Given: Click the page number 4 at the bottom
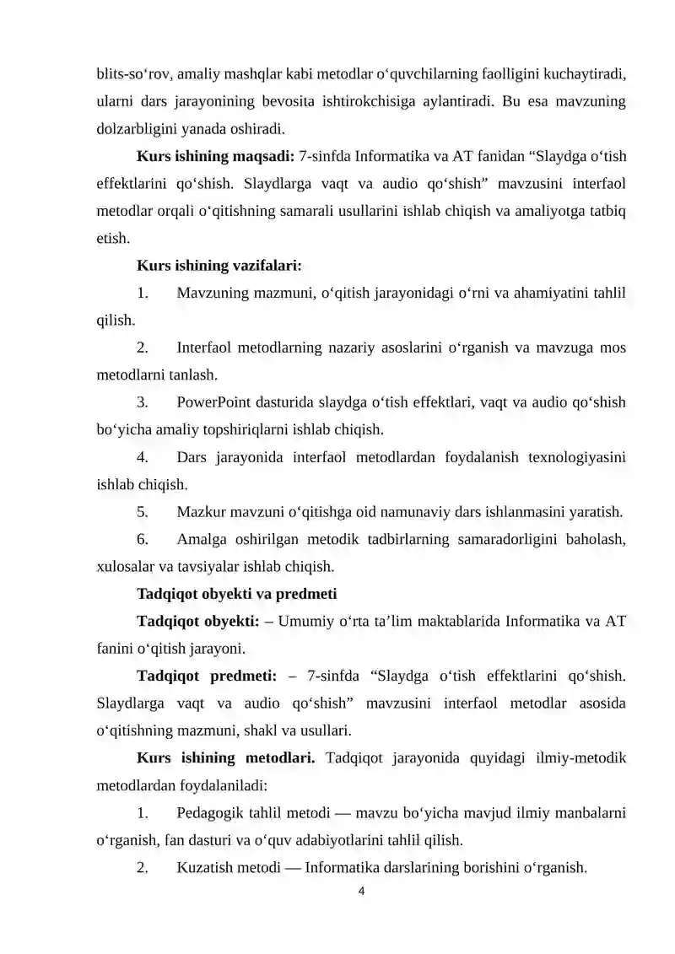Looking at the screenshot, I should pos(361,892).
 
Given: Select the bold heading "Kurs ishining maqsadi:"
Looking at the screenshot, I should pos(215,156).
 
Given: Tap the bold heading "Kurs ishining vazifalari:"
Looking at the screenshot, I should pos(219,266).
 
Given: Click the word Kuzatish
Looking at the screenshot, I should pos(204,867).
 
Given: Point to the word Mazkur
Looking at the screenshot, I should pos(199,511).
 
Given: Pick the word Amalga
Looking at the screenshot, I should pos(200,539).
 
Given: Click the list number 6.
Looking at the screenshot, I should pos(143,539).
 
